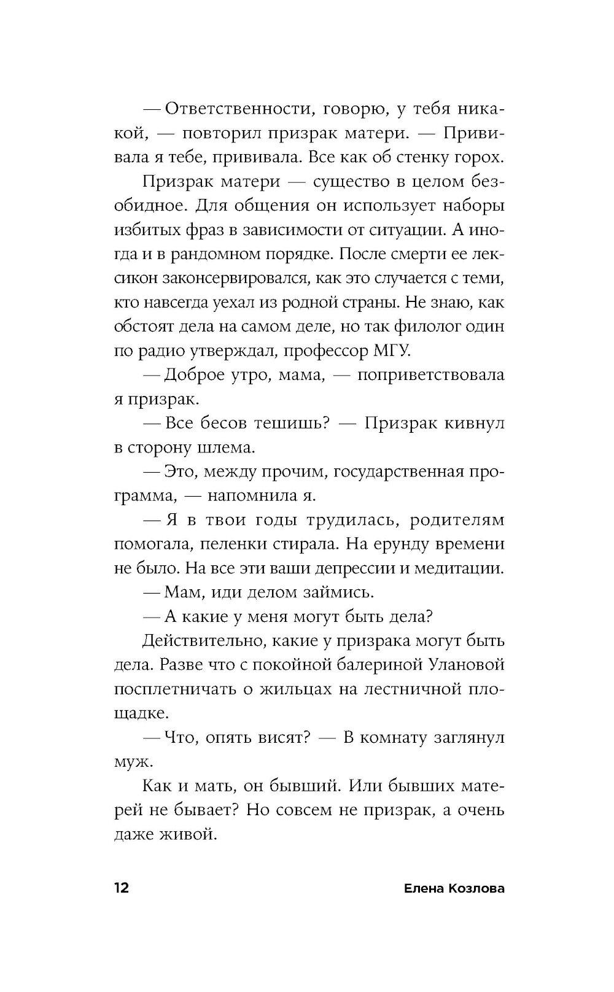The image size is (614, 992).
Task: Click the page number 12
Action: pos(121,888)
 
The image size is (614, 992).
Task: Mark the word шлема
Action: pos(223,448)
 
